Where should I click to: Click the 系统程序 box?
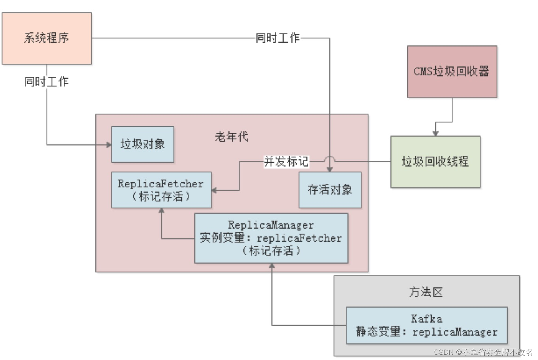click(x=47, y=38)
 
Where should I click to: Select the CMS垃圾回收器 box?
click(x=452, y=71)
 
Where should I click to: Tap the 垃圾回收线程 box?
click(x=435, y=162)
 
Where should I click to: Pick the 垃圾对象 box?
click(x=142, y=144)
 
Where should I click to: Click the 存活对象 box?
click(x=330, y=190)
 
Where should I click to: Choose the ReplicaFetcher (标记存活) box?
click(x=161, y=190)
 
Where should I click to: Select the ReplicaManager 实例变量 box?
click(x=271, y=238)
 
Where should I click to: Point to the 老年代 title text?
click(x=232, y=137)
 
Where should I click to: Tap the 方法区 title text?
click(x=426, y=292)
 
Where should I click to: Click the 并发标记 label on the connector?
click(x=286, y=161)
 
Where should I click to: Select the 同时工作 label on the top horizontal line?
click(x=278, y=38)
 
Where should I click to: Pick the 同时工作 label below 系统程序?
click(x=47, y=82)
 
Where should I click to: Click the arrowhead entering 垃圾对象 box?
click(x=109, y=145)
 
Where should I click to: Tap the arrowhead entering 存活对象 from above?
click(x=329, y=169)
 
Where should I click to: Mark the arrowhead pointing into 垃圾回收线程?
click(x=435, y=133)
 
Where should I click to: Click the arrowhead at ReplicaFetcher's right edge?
click(x=214, y=191)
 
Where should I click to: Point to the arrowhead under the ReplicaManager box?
click(x=272, y=266)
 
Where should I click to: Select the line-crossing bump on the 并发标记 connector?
click(x=329, y=159)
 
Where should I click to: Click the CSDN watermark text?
click(x=483, y=352)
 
